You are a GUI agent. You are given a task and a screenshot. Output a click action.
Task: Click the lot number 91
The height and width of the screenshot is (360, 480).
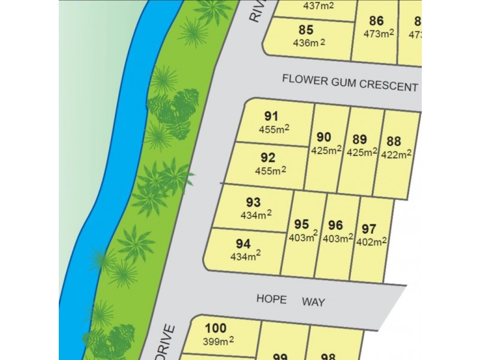point(271,116)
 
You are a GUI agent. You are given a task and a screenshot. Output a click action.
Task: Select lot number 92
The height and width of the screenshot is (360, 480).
point(268,158)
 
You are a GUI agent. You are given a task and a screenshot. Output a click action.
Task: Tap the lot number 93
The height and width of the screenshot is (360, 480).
point(253,202)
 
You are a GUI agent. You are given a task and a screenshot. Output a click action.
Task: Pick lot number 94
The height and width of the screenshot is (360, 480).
point(243,244)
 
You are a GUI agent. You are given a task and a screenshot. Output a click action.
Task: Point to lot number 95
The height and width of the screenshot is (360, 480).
point(301,224)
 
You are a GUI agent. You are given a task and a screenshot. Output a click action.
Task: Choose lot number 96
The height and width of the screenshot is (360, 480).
point(335,225)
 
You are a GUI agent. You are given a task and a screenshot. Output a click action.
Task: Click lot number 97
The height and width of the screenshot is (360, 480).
point(369,228)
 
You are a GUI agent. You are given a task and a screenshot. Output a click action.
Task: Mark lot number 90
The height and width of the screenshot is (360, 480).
point(324,136)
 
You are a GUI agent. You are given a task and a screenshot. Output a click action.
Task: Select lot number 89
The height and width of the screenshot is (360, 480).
point(360,139)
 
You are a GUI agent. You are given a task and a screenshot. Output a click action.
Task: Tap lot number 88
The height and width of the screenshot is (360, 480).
point(394,141)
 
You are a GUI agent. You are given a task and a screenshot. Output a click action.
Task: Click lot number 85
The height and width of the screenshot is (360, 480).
point(305,29)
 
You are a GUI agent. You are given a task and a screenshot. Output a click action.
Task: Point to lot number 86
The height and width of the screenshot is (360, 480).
point(376,20)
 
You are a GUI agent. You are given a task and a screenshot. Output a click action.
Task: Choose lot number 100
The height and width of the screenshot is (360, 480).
point(215,328)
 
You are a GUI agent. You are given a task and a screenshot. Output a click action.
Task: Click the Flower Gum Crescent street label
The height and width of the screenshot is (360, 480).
point(350,82)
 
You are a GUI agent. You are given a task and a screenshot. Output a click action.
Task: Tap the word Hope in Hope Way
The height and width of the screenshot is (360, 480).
point(271,298)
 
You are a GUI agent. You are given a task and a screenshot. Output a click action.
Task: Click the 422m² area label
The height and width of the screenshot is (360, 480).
point(396,154)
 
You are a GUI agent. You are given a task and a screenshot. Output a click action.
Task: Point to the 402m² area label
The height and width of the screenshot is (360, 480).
point(372,242)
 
